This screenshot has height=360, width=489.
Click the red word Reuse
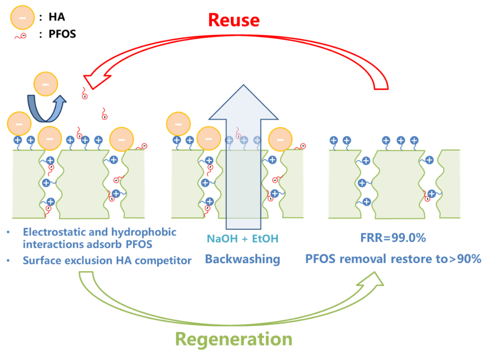(x=234, y=20)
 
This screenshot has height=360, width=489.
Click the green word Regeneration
(x=234, y=339)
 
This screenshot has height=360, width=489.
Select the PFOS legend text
(x=62, y=34)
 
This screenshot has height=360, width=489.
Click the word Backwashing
(x=242, y=259)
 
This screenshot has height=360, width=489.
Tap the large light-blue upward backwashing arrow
(x=244, y=136)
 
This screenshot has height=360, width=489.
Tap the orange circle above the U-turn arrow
(x=46, y=84)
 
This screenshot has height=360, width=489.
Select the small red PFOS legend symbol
(x=20, y=35)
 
